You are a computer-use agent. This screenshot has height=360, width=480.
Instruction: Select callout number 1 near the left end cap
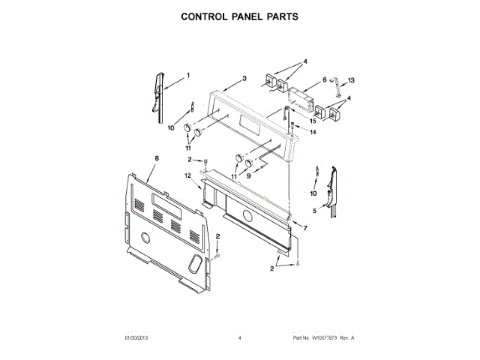point(187,75)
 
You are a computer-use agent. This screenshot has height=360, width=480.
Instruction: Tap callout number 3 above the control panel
point(244,78)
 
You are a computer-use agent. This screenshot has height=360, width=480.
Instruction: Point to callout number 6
point(325,79)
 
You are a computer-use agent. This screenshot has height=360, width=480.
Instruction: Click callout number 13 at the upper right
point(351,80)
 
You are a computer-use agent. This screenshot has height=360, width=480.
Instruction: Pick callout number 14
point(313,132)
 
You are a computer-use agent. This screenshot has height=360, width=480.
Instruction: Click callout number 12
point(188,175)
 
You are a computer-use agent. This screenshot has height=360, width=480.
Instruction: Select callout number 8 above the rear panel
point(157,158)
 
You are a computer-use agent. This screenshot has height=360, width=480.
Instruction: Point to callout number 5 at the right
point(314,211)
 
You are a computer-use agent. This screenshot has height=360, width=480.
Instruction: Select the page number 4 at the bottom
point(239,339)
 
